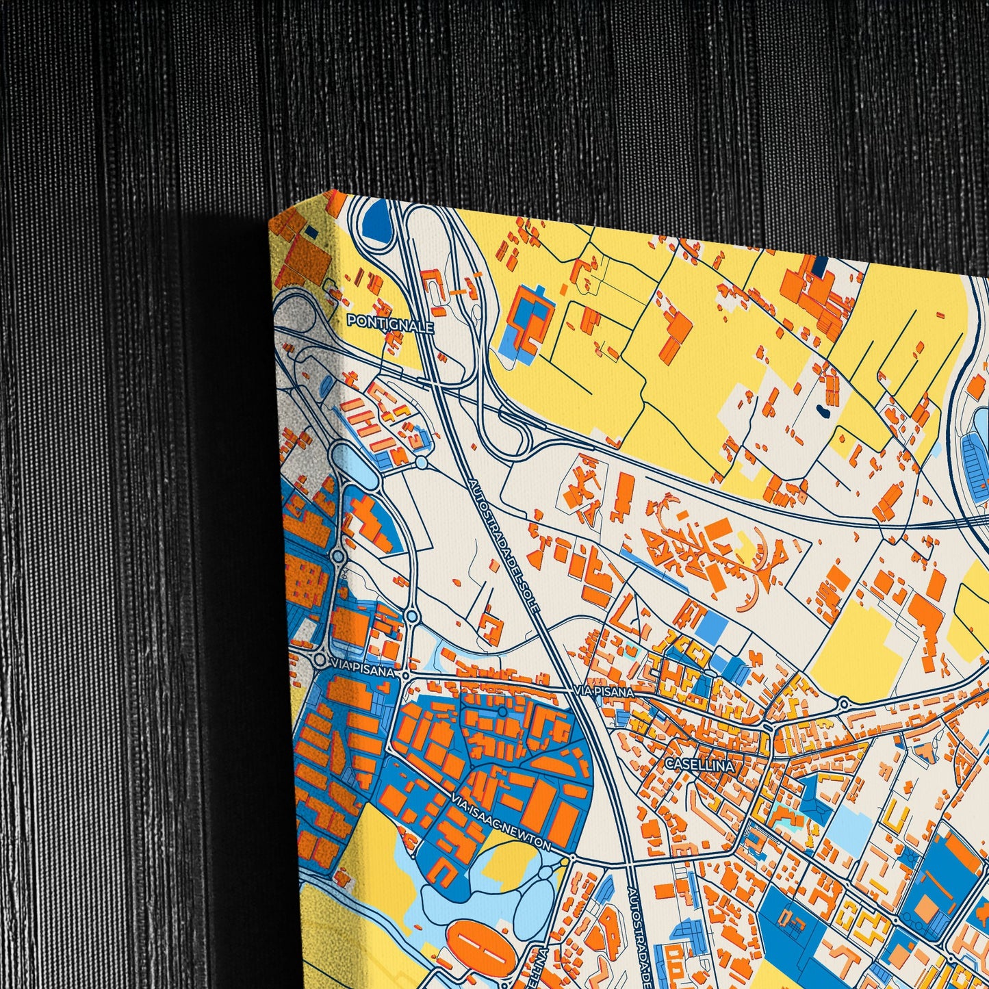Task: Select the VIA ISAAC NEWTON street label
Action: (x=501, y=823)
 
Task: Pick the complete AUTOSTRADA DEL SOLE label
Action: (x=504, y=543)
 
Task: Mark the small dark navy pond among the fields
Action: (x=823, y=412)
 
